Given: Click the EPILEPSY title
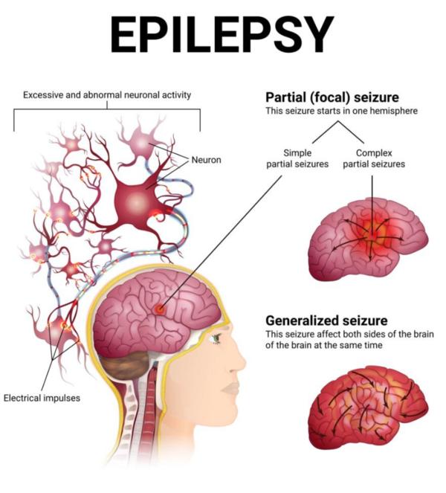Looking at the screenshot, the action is pyautogui.click(x=222, y=35).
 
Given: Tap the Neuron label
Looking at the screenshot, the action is pyautogui.click(x=206, y=160).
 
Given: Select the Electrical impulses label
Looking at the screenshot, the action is pyautogui.click(x=42, y=398).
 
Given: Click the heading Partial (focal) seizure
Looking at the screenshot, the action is pyautogui.click(x=332, y=97).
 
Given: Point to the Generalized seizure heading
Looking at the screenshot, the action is pyautogui.click(x=326, y=320).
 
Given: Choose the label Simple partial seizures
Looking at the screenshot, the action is pyautogui.click(x=297, y=158).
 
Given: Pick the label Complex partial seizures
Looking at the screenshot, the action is pyautogui.click(x=374, y=158).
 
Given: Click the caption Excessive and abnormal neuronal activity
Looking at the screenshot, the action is pyautogui.click(x=107, y=95).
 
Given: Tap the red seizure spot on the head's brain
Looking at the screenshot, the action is pyautogui.click(x=160, y=309).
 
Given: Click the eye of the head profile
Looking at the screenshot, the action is pyautogui.click(x=216, y=338).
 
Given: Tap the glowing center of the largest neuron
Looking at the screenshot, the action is pyautogui.click(x=137, y=199).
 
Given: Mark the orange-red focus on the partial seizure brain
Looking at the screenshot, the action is pyautogui.click(x=372, y=234).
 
